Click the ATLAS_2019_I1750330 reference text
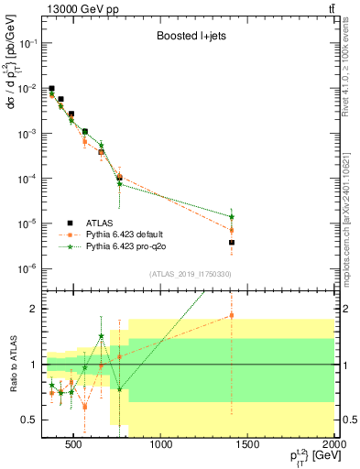click(189, 274)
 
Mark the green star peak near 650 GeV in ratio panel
click(101, 336)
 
